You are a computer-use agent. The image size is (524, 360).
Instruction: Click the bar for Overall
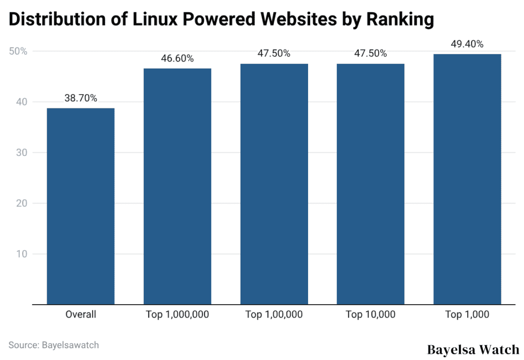80,206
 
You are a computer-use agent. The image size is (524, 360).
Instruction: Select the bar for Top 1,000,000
177,186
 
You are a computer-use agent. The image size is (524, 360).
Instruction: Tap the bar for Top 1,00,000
274,184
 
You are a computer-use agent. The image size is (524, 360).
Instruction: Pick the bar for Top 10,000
370,184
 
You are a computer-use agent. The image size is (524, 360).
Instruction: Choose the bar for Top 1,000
467,179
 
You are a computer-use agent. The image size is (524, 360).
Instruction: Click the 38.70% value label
80,98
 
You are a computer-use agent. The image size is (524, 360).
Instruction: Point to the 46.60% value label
177,58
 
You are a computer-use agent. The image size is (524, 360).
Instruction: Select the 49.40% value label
467,44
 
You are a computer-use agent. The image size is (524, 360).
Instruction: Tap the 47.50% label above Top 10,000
370,54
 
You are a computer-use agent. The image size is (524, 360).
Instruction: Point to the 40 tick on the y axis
21,102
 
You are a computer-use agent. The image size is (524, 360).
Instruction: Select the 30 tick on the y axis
21,152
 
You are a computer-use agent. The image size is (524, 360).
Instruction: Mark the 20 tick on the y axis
21,203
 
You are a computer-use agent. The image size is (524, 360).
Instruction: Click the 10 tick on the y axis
21,254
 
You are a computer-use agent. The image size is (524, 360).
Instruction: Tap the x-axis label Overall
80,314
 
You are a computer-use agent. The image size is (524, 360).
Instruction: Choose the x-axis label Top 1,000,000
177,314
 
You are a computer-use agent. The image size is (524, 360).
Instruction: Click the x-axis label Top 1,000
467,314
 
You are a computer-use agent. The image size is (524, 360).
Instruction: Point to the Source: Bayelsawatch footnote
54,345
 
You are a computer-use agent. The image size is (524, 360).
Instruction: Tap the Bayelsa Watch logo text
473,350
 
